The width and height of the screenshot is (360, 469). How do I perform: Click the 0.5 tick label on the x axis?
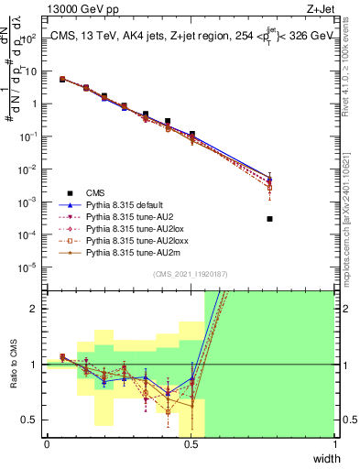coord(191,444)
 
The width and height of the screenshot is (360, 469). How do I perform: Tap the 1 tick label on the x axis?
coord(334,444)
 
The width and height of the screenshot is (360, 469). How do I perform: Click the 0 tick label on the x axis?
coord(47,444)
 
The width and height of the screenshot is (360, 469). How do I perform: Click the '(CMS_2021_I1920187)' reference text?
coord(191,274)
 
